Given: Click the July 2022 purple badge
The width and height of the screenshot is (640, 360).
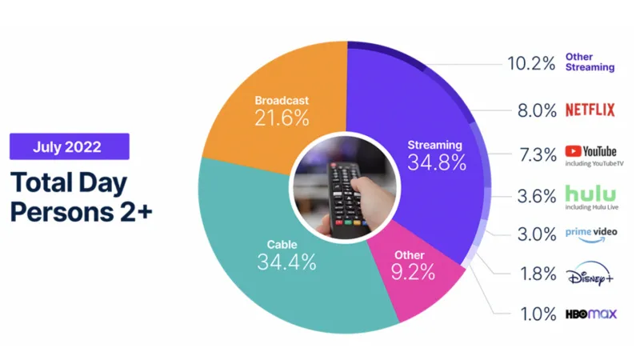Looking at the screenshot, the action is [x=70, y=146].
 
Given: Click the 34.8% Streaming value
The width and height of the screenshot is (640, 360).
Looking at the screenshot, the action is [x=437, y=162].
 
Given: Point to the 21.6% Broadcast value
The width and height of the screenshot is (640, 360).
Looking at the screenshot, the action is [x=282, y=118].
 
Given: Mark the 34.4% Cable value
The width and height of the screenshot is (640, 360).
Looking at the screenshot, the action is [x=286, y=262].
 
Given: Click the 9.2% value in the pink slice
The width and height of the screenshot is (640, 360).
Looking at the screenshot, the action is [x=413, y=272].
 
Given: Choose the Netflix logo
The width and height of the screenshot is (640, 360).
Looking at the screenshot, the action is [x=590, y=110].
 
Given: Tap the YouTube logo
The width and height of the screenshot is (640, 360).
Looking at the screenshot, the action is [x=590, y=151].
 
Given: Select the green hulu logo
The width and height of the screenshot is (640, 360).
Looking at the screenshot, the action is [x=590, y=194].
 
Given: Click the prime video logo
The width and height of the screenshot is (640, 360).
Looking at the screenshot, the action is [x=591, y=234].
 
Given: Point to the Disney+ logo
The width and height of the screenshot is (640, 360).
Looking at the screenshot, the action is [x=590, y=274].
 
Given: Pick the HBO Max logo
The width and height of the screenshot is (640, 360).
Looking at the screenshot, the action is [x=591, y=314].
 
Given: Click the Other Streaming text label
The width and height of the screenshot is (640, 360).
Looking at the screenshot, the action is [x=590, y=62].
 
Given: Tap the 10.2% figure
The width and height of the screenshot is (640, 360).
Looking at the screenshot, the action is [x=531, y=63].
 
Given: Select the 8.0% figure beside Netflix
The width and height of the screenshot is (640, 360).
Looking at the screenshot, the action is [x=537, y=110].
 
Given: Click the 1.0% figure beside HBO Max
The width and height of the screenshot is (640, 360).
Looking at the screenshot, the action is [x=538, y=314].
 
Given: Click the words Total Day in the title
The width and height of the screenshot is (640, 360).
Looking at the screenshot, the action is [x=69, y=182].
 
